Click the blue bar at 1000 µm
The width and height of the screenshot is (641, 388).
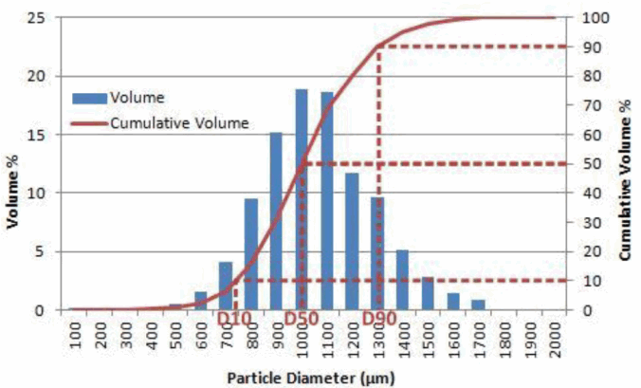pyautogui.click(x=302, y=199)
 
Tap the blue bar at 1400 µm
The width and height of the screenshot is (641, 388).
pyautogui.click(x=402, y=279)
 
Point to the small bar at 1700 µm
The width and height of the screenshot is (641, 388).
pyautogui.click(x=478, y=305)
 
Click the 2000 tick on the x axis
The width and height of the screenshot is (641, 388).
pyautogui.click(x=553, y=336)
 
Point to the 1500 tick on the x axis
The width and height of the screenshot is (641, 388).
pyautogui.click(x=428, y=336)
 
